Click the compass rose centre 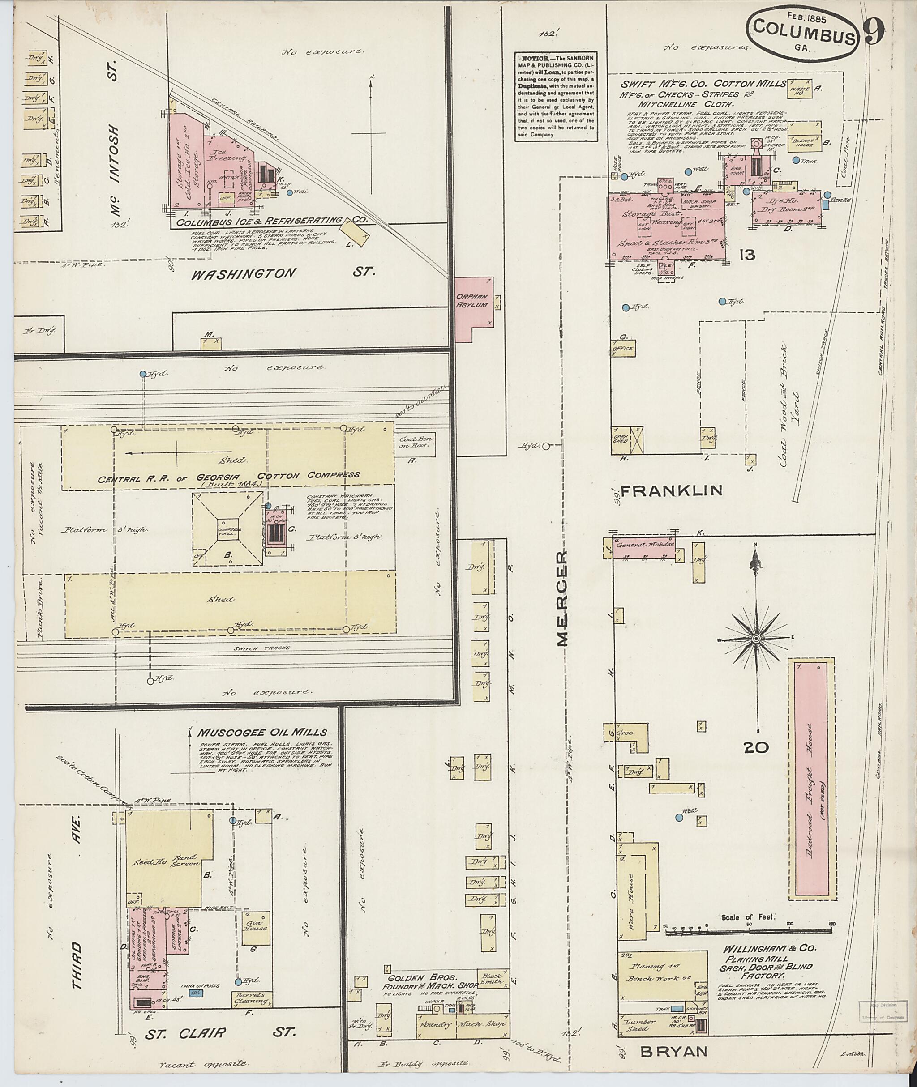pyautogui.click(x=756, y=638)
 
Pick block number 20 pyautogui.click(x=756, y=748)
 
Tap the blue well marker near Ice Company pyautogui.click(x=290, y=192)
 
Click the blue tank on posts pyautogui.click(x=196, y=993)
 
